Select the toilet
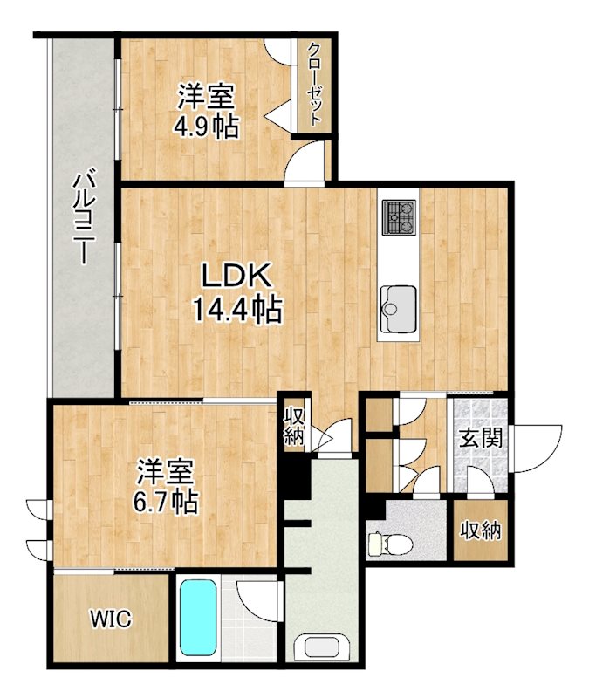click(379, 543)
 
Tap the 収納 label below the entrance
click(481, 530)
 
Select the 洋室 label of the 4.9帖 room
click(207, 95)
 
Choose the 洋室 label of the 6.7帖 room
click(164, 472)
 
